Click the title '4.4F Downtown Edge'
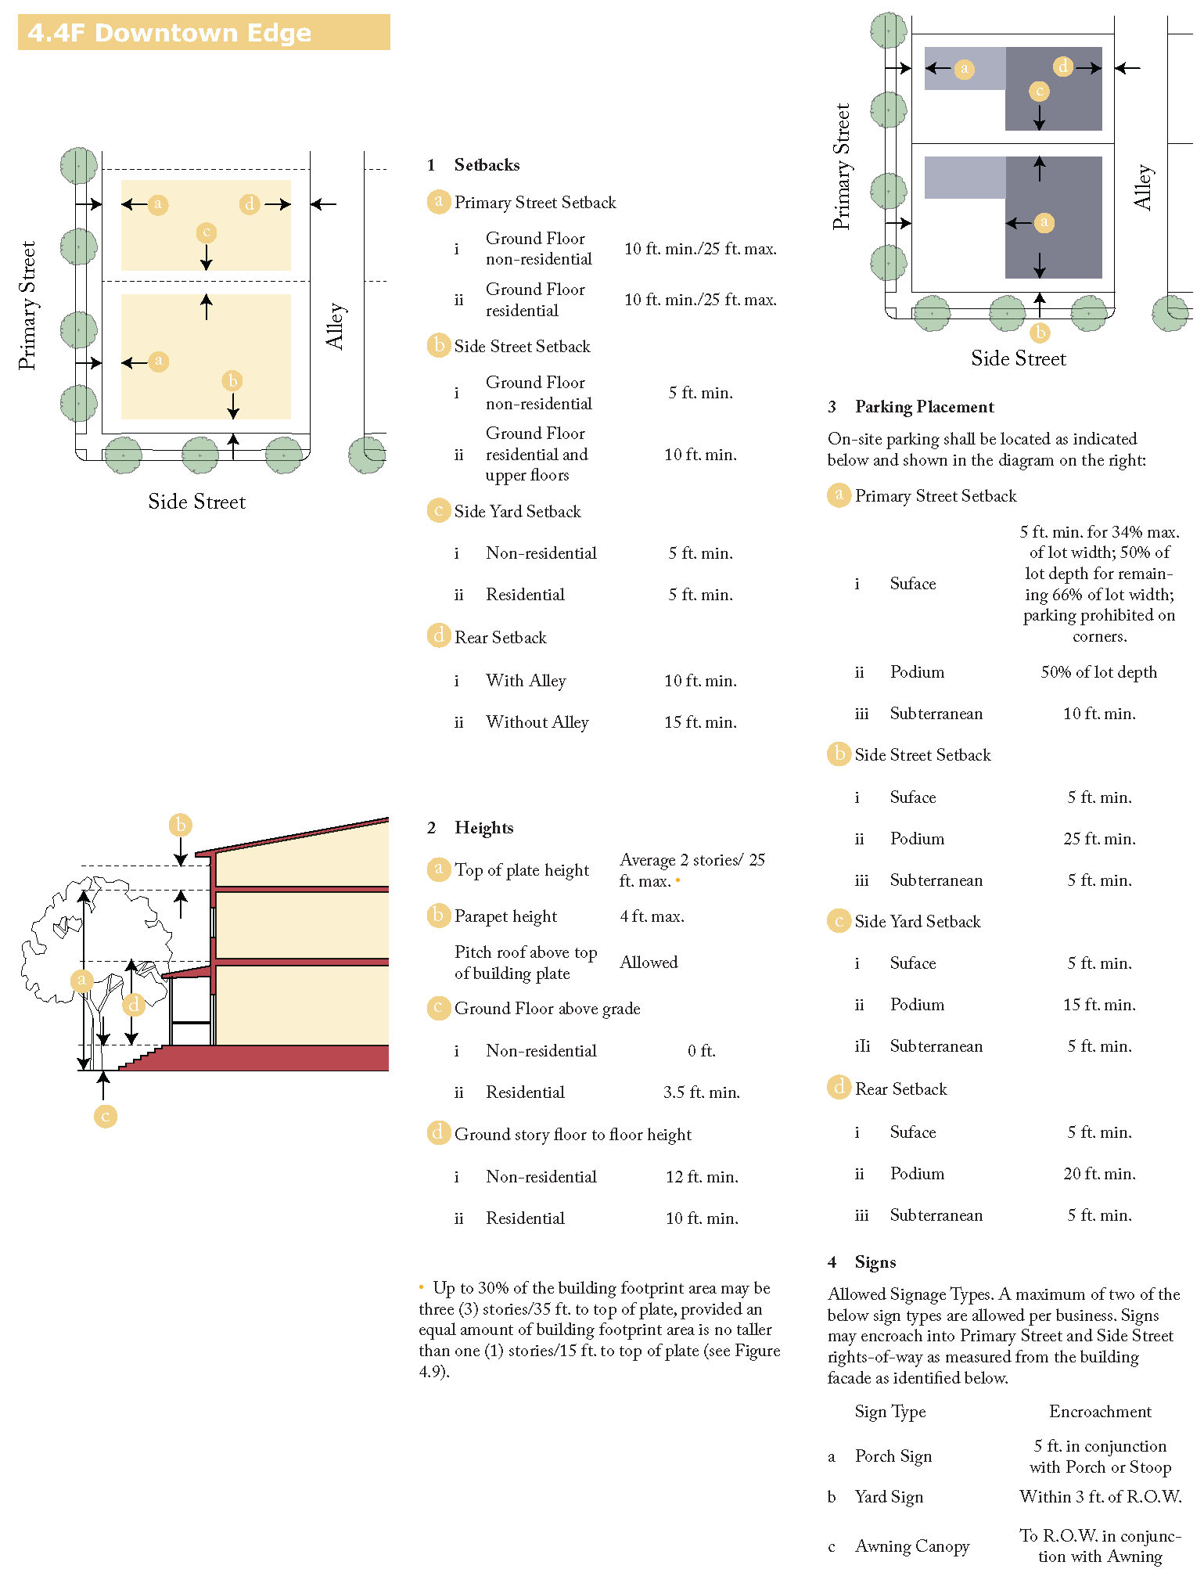[169, 33]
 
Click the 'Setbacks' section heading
[487, 165]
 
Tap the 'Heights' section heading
[483, 828]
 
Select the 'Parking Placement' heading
[924, 407]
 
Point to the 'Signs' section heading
[875, 1262]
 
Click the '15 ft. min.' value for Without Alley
[700, 722]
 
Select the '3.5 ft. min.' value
[701, 1092]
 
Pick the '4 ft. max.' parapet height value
[652, 916]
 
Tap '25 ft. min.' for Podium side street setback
[1099, 839]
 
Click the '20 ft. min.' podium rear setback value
[1099, 1174]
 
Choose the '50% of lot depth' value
[1098, 672]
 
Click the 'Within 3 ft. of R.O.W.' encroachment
[1100, 1497]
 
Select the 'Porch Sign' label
[893, 1456]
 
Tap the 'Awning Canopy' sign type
[912, 1546]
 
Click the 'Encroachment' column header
[1100, 1412]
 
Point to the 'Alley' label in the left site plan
[335, 326]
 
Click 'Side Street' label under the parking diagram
[1018, 358]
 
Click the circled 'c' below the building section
[106, 1116]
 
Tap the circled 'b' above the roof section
[181, 825]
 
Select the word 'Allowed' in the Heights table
[649, 963]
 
